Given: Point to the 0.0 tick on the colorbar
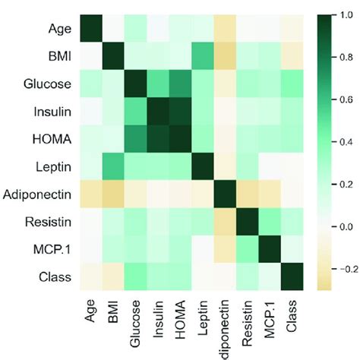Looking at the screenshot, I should [x=333, y=226].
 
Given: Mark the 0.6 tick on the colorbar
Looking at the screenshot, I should [x=333, y=99].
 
